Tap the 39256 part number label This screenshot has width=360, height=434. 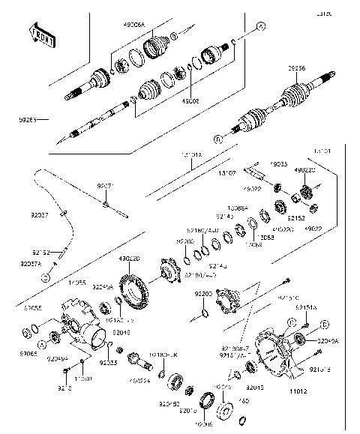[298, 67]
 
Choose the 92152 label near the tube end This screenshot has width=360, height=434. [40, 253]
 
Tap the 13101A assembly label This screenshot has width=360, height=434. [192, 156]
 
